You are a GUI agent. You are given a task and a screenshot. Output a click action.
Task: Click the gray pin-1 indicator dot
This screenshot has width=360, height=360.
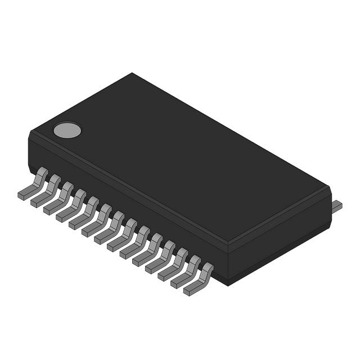tap(67, 130)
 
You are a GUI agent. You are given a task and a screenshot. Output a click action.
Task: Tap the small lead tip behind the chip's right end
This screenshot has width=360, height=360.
tap(336, 206)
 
